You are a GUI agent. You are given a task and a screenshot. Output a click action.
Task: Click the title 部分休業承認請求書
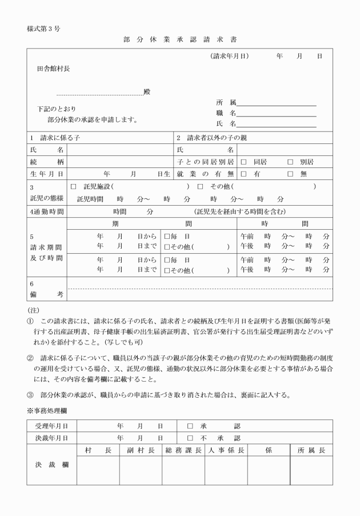click(179, 40)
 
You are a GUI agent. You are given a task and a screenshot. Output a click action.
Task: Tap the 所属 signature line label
click(226, 103)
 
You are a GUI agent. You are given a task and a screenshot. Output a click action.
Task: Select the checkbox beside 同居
click(243, 162)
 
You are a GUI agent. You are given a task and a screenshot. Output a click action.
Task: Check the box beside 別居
click(290, 162)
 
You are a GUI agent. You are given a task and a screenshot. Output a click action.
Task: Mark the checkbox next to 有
click(243, 174)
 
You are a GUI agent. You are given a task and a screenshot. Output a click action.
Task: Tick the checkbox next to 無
click(290, 174)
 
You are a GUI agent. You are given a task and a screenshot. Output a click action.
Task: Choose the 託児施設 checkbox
click(73, 186)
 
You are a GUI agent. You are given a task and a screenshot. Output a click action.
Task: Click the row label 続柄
click(47, 162)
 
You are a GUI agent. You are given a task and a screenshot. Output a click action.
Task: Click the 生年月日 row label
click(47, 174)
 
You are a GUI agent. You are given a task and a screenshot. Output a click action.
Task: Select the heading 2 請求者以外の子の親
click(212, 138)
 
